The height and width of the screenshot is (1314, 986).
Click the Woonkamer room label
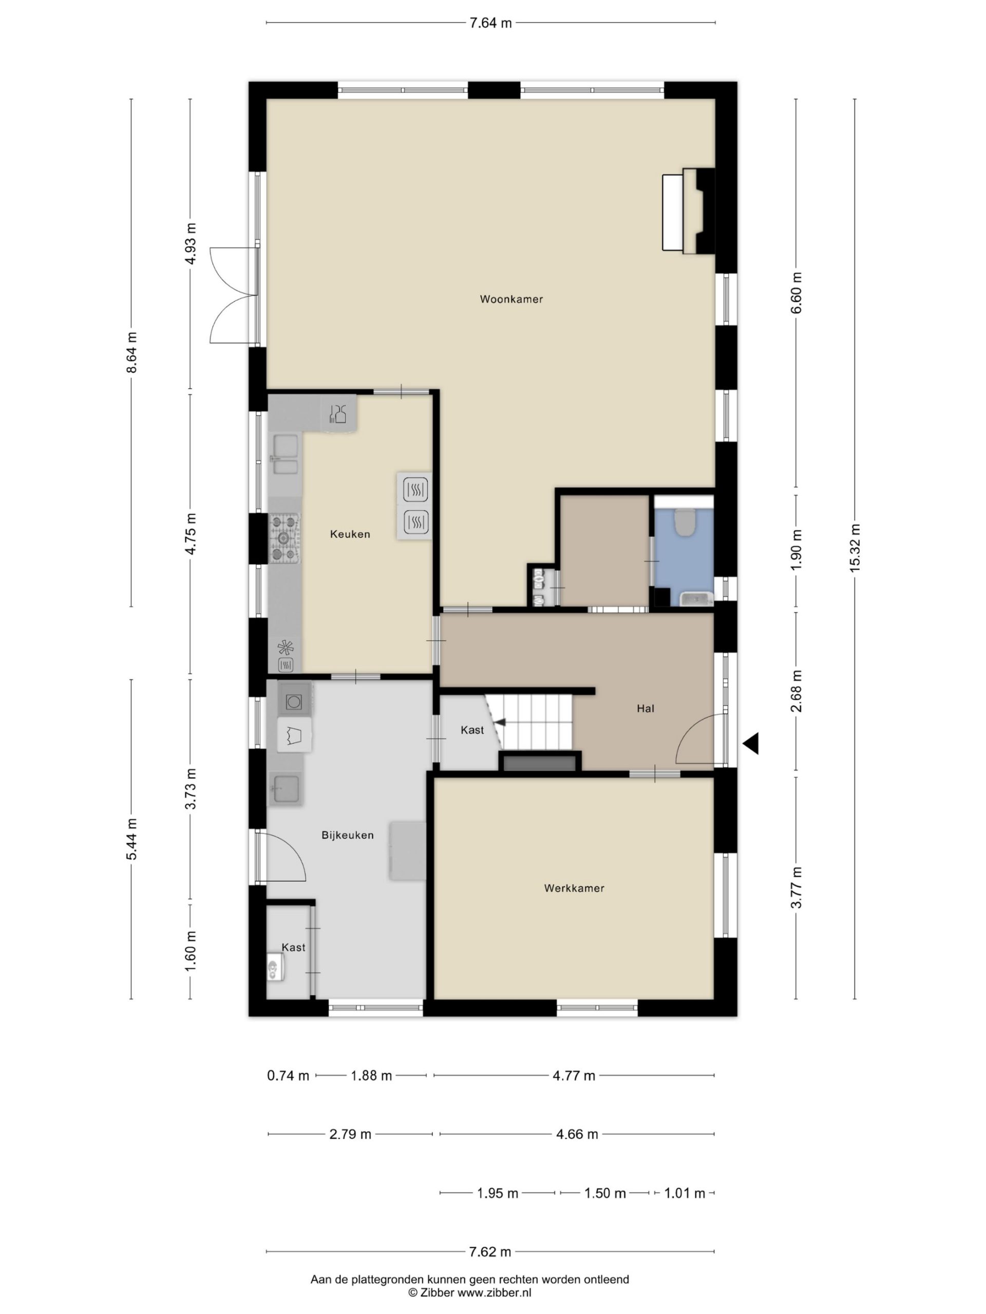[511, 299]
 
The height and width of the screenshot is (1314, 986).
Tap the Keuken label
[350, 534]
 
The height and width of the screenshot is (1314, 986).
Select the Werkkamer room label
[574, 888]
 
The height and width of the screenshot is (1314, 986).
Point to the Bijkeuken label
[348, 835]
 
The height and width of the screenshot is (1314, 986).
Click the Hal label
[646, 708]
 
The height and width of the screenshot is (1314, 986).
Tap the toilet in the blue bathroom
[685, 520]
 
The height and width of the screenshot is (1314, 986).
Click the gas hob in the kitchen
[284, 538]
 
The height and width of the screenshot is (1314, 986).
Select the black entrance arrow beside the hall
[751, 743]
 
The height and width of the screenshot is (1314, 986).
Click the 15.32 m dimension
[855, 548]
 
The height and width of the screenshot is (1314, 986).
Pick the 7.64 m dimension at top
[490, 23]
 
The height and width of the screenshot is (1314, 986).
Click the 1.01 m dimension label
[684, 1193]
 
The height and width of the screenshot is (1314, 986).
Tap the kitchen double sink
[286, 455]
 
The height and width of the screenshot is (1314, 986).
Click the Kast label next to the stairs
[472, 730]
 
